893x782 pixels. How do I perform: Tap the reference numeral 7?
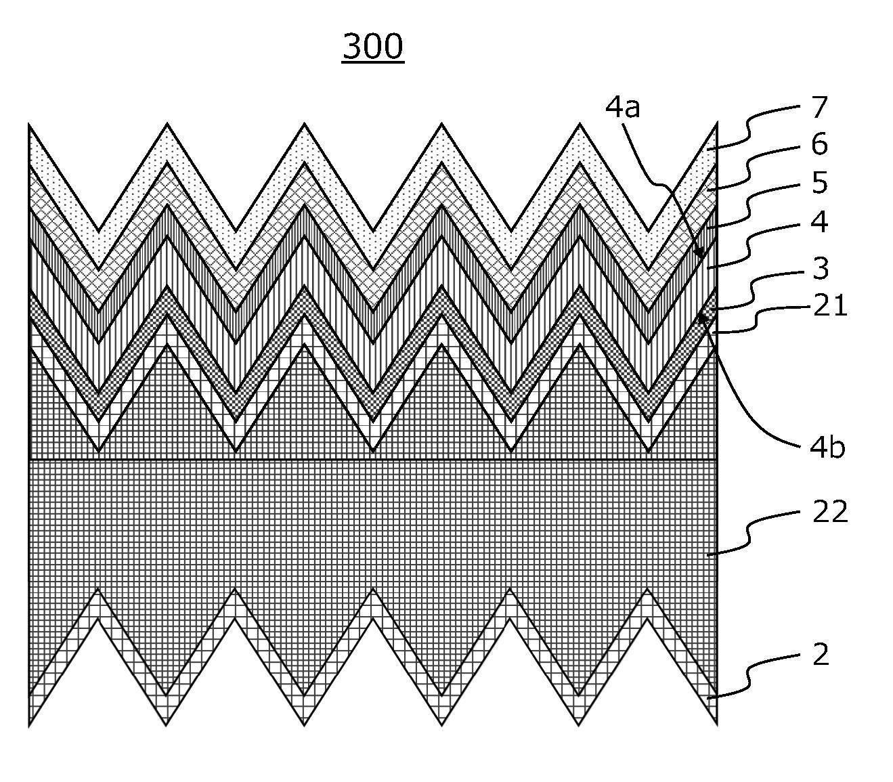point(819,107)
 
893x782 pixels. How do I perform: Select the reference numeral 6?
point(819,144)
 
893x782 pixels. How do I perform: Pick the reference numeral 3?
point(820,268)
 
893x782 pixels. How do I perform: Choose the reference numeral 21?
point(830,305)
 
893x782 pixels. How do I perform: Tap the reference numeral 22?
point(830,511)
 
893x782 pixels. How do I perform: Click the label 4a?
point(622,107)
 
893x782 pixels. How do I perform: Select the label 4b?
point(827,448)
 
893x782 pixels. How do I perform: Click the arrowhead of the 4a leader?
point(700,253)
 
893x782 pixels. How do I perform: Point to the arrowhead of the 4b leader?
point(702,318)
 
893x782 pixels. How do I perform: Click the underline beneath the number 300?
point(373,64)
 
